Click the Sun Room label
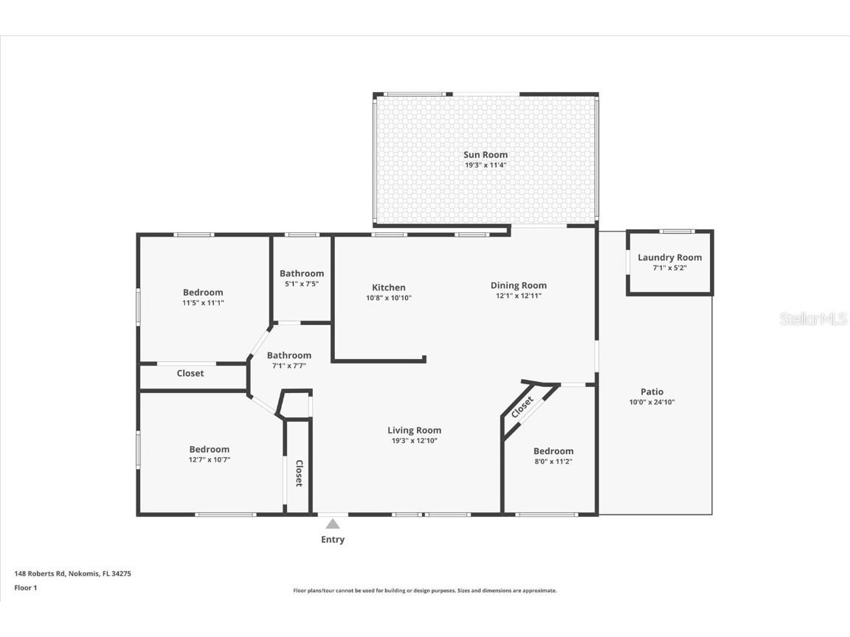[485, 155]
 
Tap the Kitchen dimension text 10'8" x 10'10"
[388, 298]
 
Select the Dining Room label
[518, 285]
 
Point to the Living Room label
[414, 431]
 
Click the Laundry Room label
[669, 257]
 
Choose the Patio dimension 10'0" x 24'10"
[652, 403]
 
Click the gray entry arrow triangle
[333, 524]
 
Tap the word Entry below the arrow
[332, 540]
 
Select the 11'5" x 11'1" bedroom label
[203, 293]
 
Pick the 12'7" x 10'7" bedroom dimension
[209, 459]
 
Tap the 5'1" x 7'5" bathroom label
[301, 274]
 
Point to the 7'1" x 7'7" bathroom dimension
[288, 365]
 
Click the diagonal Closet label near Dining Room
[522, 407]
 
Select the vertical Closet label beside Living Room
[299, 473]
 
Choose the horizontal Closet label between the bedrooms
[190, 373]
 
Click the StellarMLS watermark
[812, 319]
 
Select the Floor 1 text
[25, 588]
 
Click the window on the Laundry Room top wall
[676, 232]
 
